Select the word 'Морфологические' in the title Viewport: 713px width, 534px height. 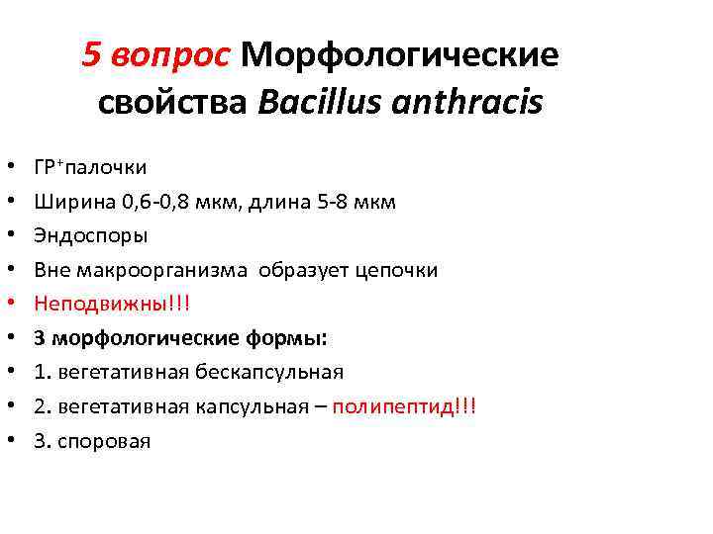399,54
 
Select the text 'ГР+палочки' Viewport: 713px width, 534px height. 90,168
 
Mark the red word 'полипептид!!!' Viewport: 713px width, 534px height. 404,406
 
